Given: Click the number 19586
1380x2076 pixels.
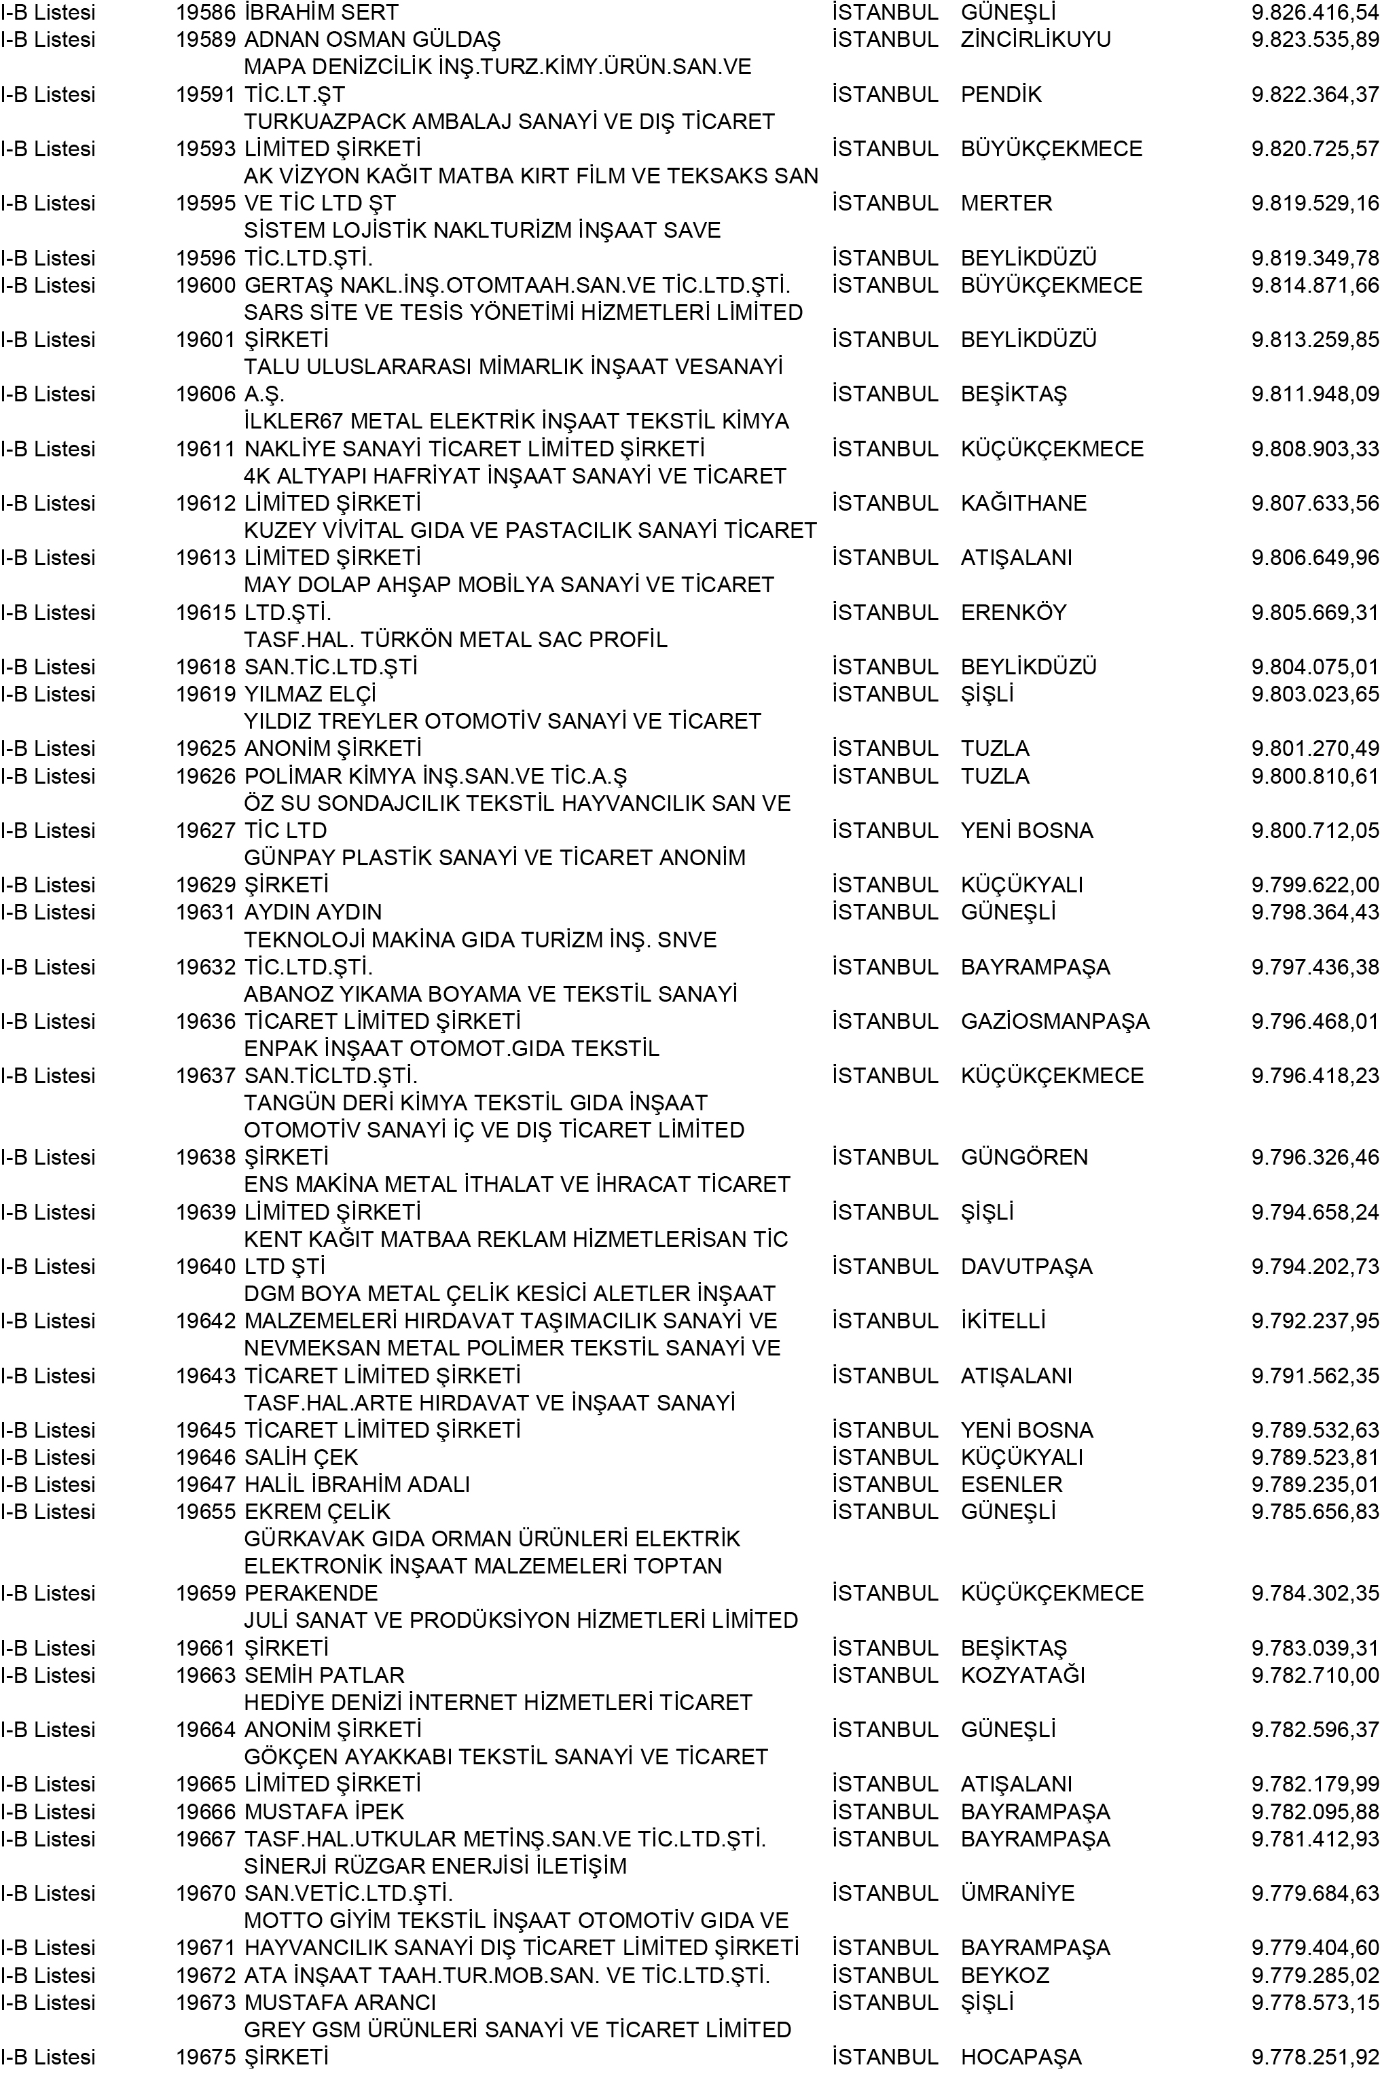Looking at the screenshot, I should tap(205, 12).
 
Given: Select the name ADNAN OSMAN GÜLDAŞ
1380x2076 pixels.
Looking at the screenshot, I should tap(371, 39).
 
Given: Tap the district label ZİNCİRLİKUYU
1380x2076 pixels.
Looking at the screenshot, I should tap(1035, 39).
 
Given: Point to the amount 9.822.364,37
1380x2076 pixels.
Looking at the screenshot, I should tap(1314, 94).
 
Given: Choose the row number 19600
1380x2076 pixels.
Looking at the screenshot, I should tap(205, 285).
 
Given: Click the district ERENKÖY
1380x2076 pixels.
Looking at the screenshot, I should tap(1013, 613).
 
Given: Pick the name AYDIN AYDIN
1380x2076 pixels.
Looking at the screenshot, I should tap(312, 912).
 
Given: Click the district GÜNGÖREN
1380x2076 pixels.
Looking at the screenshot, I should tap(1023, 1157).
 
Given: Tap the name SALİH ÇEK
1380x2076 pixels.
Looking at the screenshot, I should tap(301, 1457).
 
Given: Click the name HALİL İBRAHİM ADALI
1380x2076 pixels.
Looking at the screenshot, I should tap(357, 1484).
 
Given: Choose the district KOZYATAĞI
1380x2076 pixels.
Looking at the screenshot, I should tap(1023, 1675).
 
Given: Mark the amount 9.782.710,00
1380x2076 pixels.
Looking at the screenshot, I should tap(1314, 1675).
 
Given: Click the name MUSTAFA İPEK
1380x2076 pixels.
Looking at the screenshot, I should tap(324, 1811).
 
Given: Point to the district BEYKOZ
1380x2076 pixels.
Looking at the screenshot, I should tap(1005, 1975).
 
